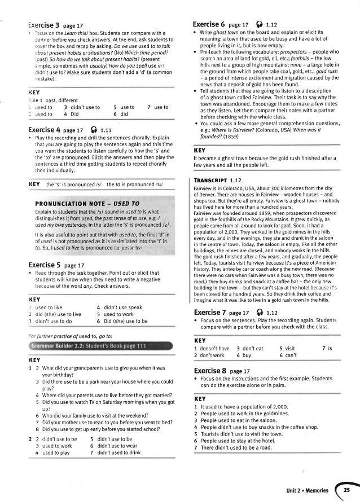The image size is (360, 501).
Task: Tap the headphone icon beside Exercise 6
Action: point(254,25)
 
